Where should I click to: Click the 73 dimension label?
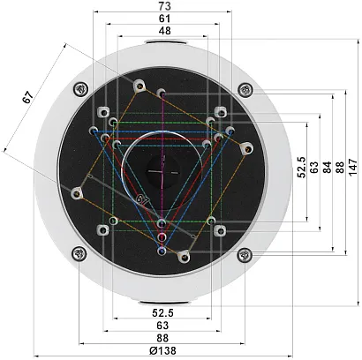pos(164,6)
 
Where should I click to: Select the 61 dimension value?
pos(164,19)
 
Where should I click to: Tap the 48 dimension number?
pos(164,31)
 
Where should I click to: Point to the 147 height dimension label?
pos(352,168)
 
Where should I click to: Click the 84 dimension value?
pos(327,167)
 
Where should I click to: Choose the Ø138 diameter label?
pos(162,350)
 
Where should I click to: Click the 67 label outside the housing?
pos(27,98)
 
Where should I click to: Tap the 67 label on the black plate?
pos(143,200)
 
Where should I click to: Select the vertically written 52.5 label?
pos(302,167)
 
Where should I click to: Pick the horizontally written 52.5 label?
pos(162,312)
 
